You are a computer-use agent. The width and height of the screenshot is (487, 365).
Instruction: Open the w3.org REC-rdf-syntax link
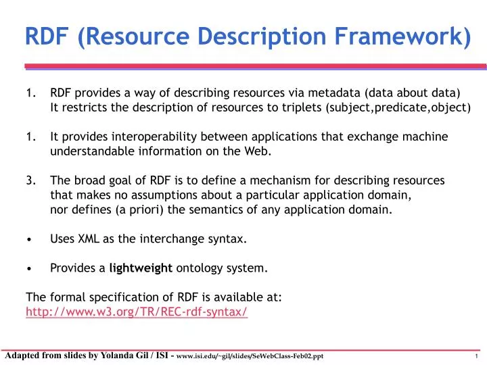coord(136,312)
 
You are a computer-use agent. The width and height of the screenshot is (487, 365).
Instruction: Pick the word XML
coord(89,239)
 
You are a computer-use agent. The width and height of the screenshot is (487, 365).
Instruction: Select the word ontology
coord(199,268)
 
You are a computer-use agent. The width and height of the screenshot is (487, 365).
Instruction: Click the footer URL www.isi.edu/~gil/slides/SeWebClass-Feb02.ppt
coord(254,357)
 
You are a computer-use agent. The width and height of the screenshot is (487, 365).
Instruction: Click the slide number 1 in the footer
coord(477,357)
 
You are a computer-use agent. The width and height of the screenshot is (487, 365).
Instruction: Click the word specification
coord(116,297)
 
